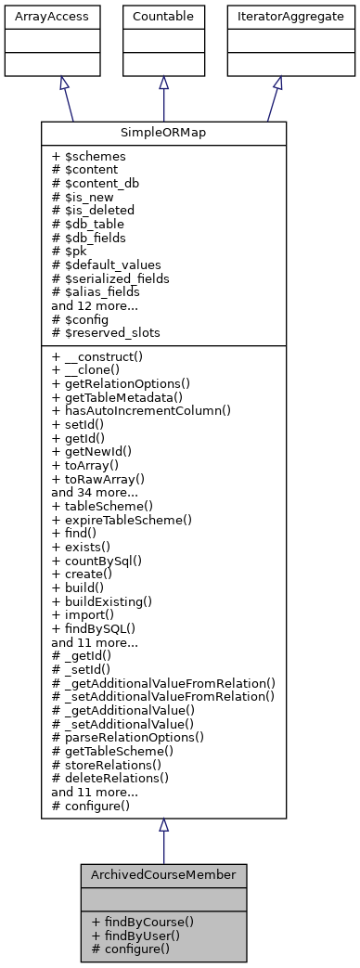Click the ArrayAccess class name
[38, 17]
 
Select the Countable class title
[162, 17]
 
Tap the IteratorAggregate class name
[277, 17]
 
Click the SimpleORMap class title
[162, 134]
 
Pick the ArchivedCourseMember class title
[163, 875]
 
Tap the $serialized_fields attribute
[109, 277]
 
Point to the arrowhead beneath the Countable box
[163, 83]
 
